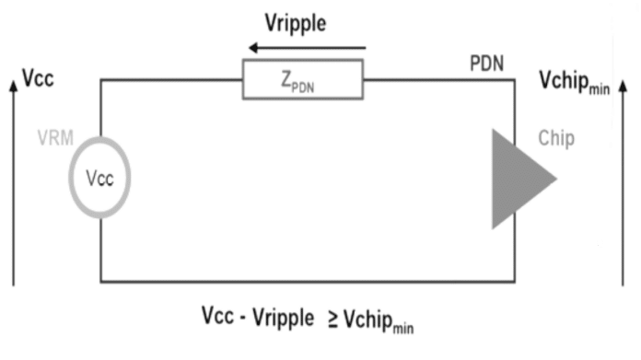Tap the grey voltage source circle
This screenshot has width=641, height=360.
coord(100,178)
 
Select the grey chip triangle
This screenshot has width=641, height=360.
coord(518,179)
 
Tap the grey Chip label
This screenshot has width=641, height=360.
coord(556,140)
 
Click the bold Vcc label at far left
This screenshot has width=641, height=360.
coord(37,79)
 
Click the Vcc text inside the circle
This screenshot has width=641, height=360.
coord(100,179)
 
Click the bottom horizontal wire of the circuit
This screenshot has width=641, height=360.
coord(304,280)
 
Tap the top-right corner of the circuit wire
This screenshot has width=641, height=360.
coord(513,80)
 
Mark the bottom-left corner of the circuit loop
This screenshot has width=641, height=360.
coord(100,280)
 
